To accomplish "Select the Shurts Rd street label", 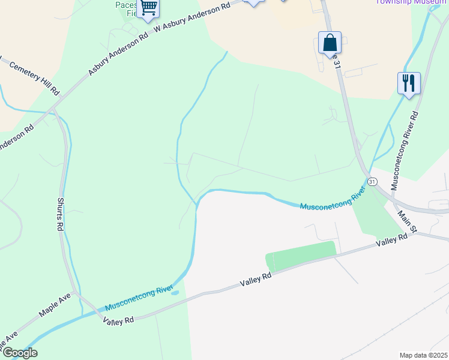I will click(61, 215).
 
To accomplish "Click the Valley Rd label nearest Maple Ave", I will click(118, 320).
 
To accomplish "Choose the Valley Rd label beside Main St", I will click(392, 239).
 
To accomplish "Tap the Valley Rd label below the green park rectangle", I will click(256, 279).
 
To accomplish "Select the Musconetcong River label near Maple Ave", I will click(139, 299).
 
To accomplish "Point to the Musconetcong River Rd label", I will click(405, 150).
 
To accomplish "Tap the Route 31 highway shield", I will click(373, 181).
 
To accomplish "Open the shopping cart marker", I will click(149, 8).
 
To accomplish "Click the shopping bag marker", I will click(330, 43).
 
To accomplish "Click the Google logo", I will click(19, 353).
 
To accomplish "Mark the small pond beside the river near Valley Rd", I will click(175, 293).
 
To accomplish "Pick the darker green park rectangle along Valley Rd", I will click(300, 256).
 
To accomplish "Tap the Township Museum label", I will click(411, 2).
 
